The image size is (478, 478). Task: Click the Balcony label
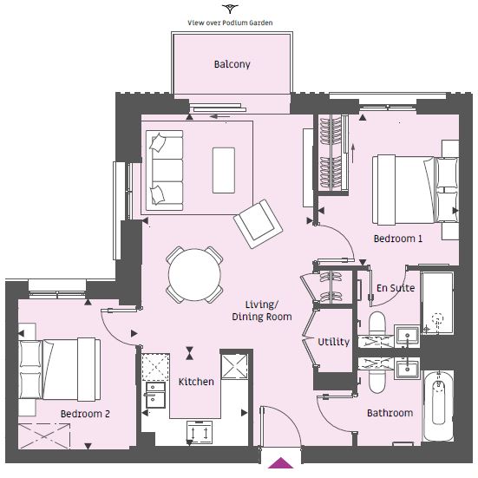[x=232, y=64]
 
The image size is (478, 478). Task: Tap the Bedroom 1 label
[x=398, y=239]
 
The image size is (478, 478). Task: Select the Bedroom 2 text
[x=85, y=414]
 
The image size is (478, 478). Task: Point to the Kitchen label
[x=196, y=382]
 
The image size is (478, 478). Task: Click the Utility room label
[x=333, y=342]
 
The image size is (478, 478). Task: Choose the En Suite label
[x=396, y=288]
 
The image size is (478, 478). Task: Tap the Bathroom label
[x=390, y=413]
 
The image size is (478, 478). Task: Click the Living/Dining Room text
[x=262, y=311]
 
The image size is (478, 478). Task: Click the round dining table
[x=194, y=275]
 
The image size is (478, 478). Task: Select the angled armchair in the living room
[x=259, y=224]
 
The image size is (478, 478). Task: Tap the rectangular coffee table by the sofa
[x=224, y=170]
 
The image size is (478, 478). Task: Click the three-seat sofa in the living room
[x=164, y=170]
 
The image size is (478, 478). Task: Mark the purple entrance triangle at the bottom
[x=280, y=462]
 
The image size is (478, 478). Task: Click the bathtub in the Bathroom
[x=438, y=406]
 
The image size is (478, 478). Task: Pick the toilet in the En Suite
[x=377, y=324]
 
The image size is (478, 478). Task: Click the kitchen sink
[x=156, y=395]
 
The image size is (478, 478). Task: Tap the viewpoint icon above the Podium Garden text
[x=230, y=9]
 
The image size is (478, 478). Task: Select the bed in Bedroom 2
[x=60, y=370]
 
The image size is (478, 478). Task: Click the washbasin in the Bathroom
[x=407, y=368]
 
